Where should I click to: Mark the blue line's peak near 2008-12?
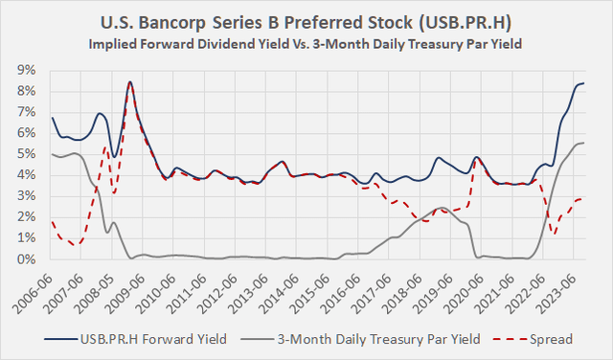tap(129, 82)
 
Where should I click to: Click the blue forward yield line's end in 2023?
tap(584, 83)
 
